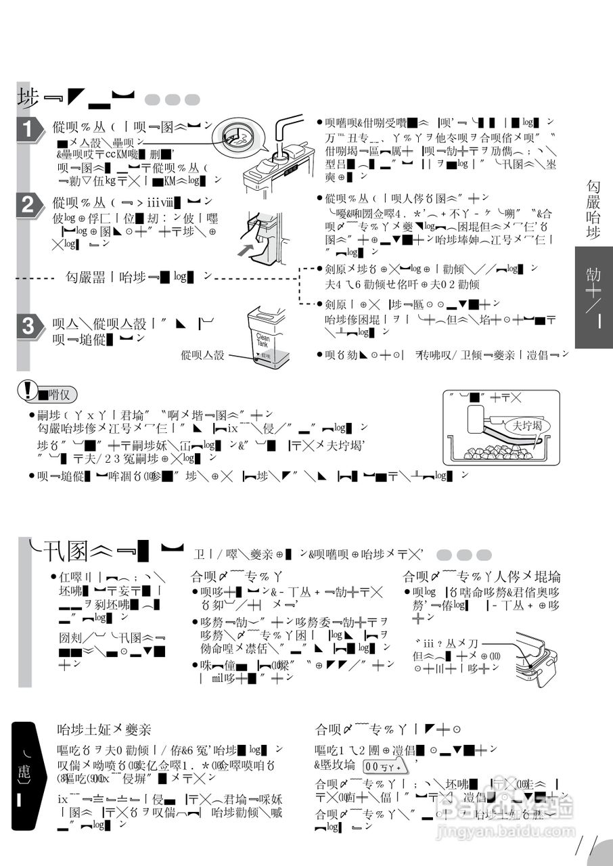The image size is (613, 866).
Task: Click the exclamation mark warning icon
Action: pos(28,392)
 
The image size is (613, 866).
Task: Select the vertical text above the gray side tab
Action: pos(593,209)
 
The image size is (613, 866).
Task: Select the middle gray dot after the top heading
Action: pos(173,99)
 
